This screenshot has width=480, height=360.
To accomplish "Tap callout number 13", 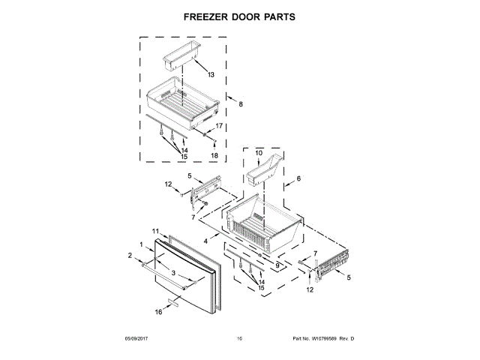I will point(211,75).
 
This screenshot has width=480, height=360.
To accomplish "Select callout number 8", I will point(241,104).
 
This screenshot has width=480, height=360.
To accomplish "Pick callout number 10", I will point(259,153).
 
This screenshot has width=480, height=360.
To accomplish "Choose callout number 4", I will point(216,220).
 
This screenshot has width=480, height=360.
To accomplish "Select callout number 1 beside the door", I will point(141,245).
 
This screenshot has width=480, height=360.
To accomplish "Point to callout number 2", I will point(129,256).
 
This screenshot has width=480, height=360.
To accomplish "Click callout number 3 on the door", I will point(173,273).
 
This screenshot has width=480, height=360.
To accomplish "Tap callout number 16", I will point(158,311).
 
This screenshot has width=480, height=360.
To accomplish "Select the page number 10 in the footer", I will point(239,339).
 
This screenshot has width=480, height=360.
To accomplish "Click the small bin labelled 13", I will point(181,54).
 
